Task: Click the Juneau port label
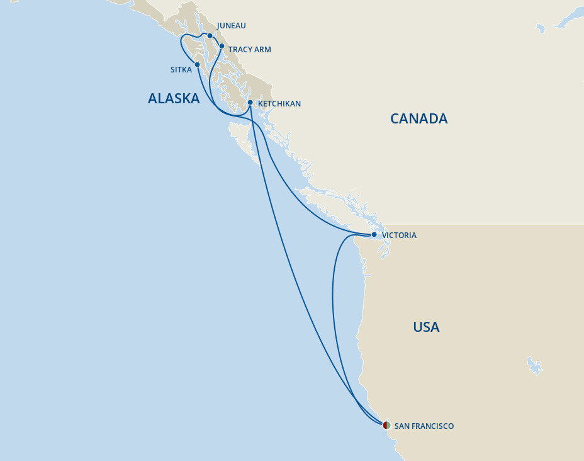click(x=231, y=26)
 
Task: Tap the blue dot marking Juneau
click(x=210, y=36)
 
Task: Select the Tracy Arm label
click(x=250, y=50)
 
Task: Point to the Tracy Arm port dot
click(x=222, y=46)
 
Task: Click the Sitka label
click(x=181, y=70)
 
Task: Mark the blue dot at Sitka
click(x=198, y=64)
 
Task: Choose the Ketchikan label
click(x=279, y=103)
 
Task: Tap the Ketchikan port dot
click(x=250, y=102)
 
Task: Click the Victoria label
click(x=399, y=236)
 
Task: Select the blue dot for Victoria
click(x=374, y=235)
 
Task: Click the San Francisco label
click(x=424, y=426)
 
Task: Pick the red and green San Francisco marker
click(x=386, y=426)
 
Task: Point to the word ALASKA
click(x=174, y=98)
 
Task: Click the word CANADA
click(x=418, y=118)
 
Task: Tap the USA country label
click(x=426, y=327)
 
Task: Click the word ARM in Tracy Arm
click(x=262, y=50)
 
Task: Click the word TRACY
click(x=240, y=50)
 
